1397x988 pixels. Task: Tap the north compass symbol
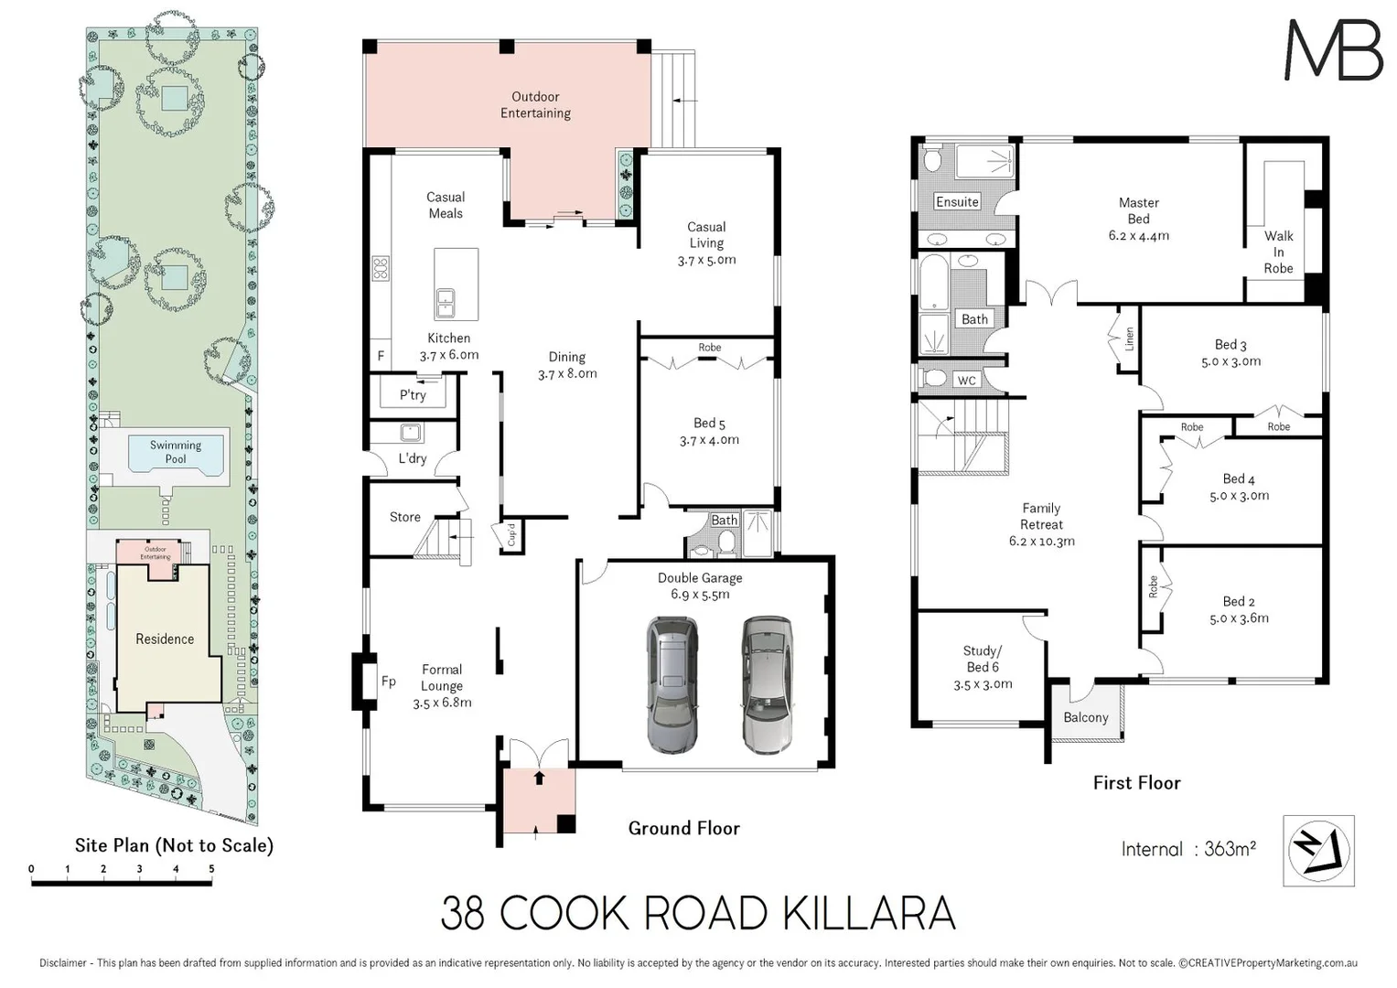coord(1318,850)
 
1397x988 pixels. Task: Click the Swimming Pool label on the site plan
coord(176,452)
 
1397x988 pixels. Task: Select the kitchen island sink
coord(446,303)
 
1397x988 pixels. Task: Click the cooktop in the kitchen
coord(381,268)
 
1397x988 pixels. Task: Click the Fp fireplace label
coord(389,682)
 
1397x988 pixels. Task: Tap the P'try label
coord(413,395)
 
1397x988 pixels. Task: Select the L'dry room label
coord(413,458)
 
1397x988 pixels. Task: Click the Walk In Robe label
coord(1278,252)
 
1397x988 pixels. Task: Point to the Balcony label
coord(1086,717)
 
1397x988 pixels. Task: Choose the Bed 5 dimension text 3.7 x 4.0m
coord(709,440)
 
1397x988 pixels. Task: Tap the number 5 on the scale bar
coord(212,868)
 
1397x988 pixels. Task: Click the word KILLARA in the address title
coord(869,914)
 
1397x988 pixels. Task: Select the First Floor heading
coord(1137,783)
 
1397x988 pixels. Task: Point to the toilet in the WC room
coord(933,378)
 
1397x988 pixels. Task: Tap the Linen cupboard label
coord(1129,339)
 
